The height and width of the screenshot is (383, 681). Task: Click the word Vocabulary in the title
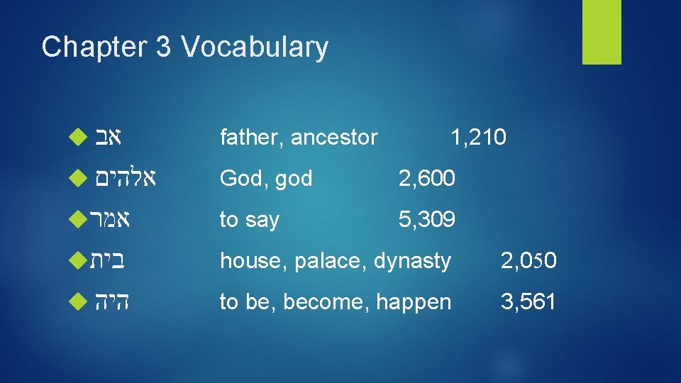coord(255,48)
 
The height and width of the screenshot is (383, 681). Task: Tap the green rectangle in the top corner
coord(602,32)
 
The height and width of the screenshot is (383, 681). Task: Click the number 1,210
coord(478,137)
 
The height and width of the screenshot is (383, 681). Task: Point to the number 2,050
coord(528,262)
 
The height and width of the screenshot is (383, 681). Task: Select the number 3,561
coord(528,302)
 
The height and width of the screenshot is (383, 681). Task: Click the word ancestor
coord(334,137)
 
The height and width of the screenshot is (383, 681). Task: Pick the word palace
coord(327,262)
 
